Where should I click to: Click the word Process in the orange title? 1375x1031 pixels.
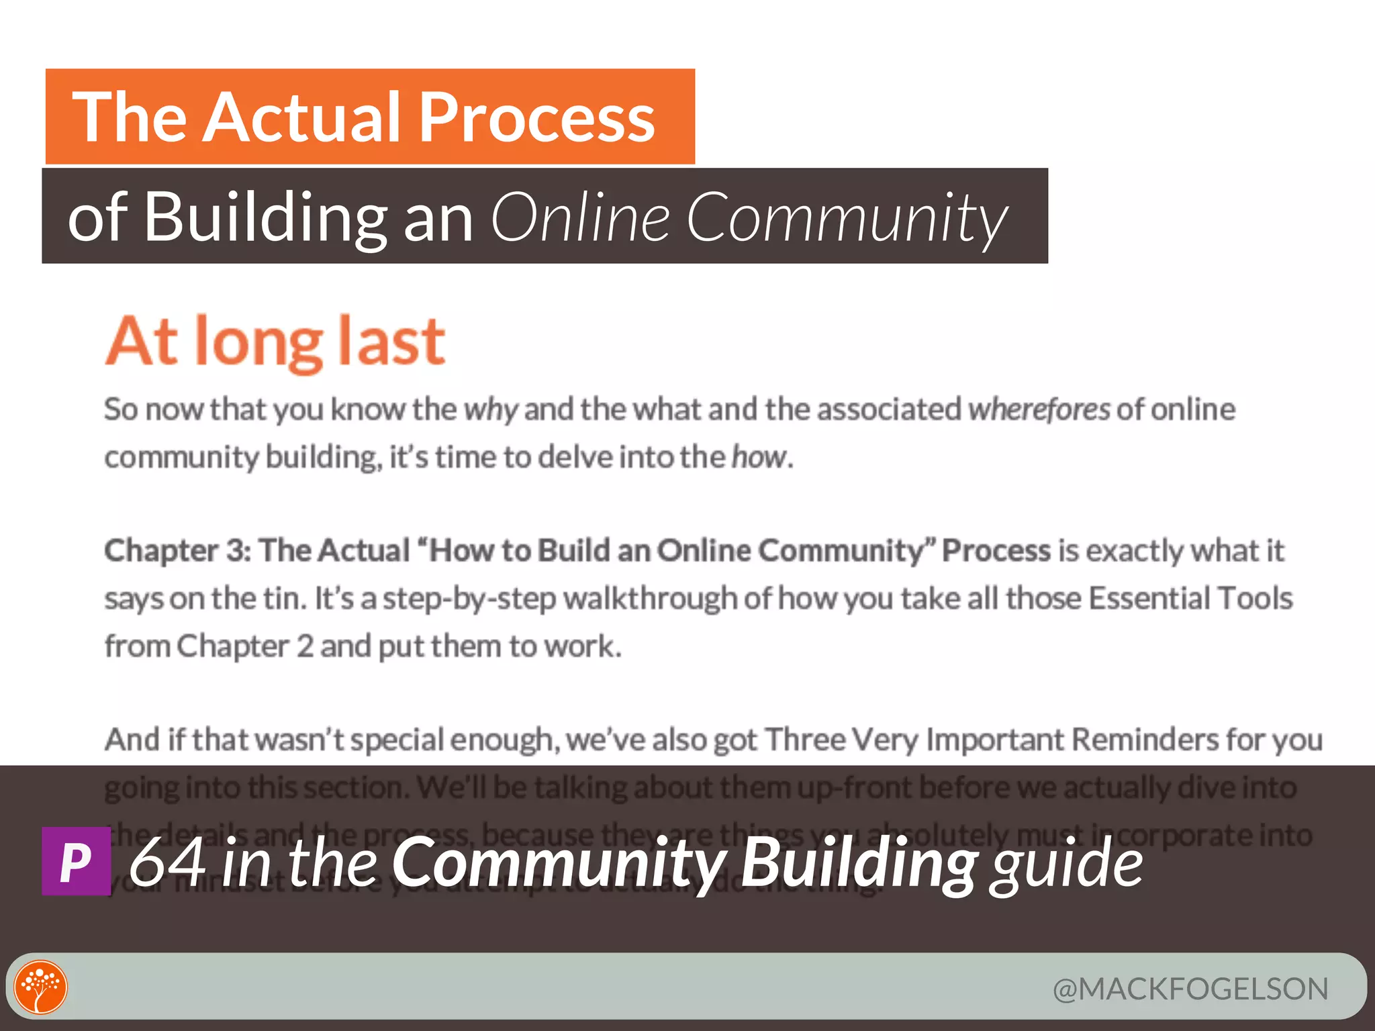coord(537,117)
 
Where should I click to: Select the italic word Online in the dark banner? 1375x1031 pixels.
coord(581,217)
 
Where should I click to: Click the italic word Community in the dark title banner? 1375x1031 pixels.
coord(846,217)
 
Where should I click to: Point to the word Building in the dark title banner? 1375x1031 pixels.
coord(265,217)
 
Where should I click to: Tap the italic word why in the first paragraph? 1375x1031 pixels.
coord(491,409)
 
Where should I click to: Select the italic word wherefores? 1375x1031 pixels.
coord(1039,409)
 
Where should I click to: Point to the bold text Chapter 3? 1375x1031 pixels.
coord(178,550)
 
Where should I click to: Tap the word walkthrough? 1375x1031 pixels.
coord(650,598)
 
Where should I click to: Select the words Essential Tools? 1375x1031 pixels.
coord(1190,598)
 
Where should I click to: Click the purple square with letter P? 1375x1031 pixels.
coord(76,861)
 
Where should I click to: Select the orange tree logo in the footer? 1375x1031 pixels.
coord(41,987)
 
